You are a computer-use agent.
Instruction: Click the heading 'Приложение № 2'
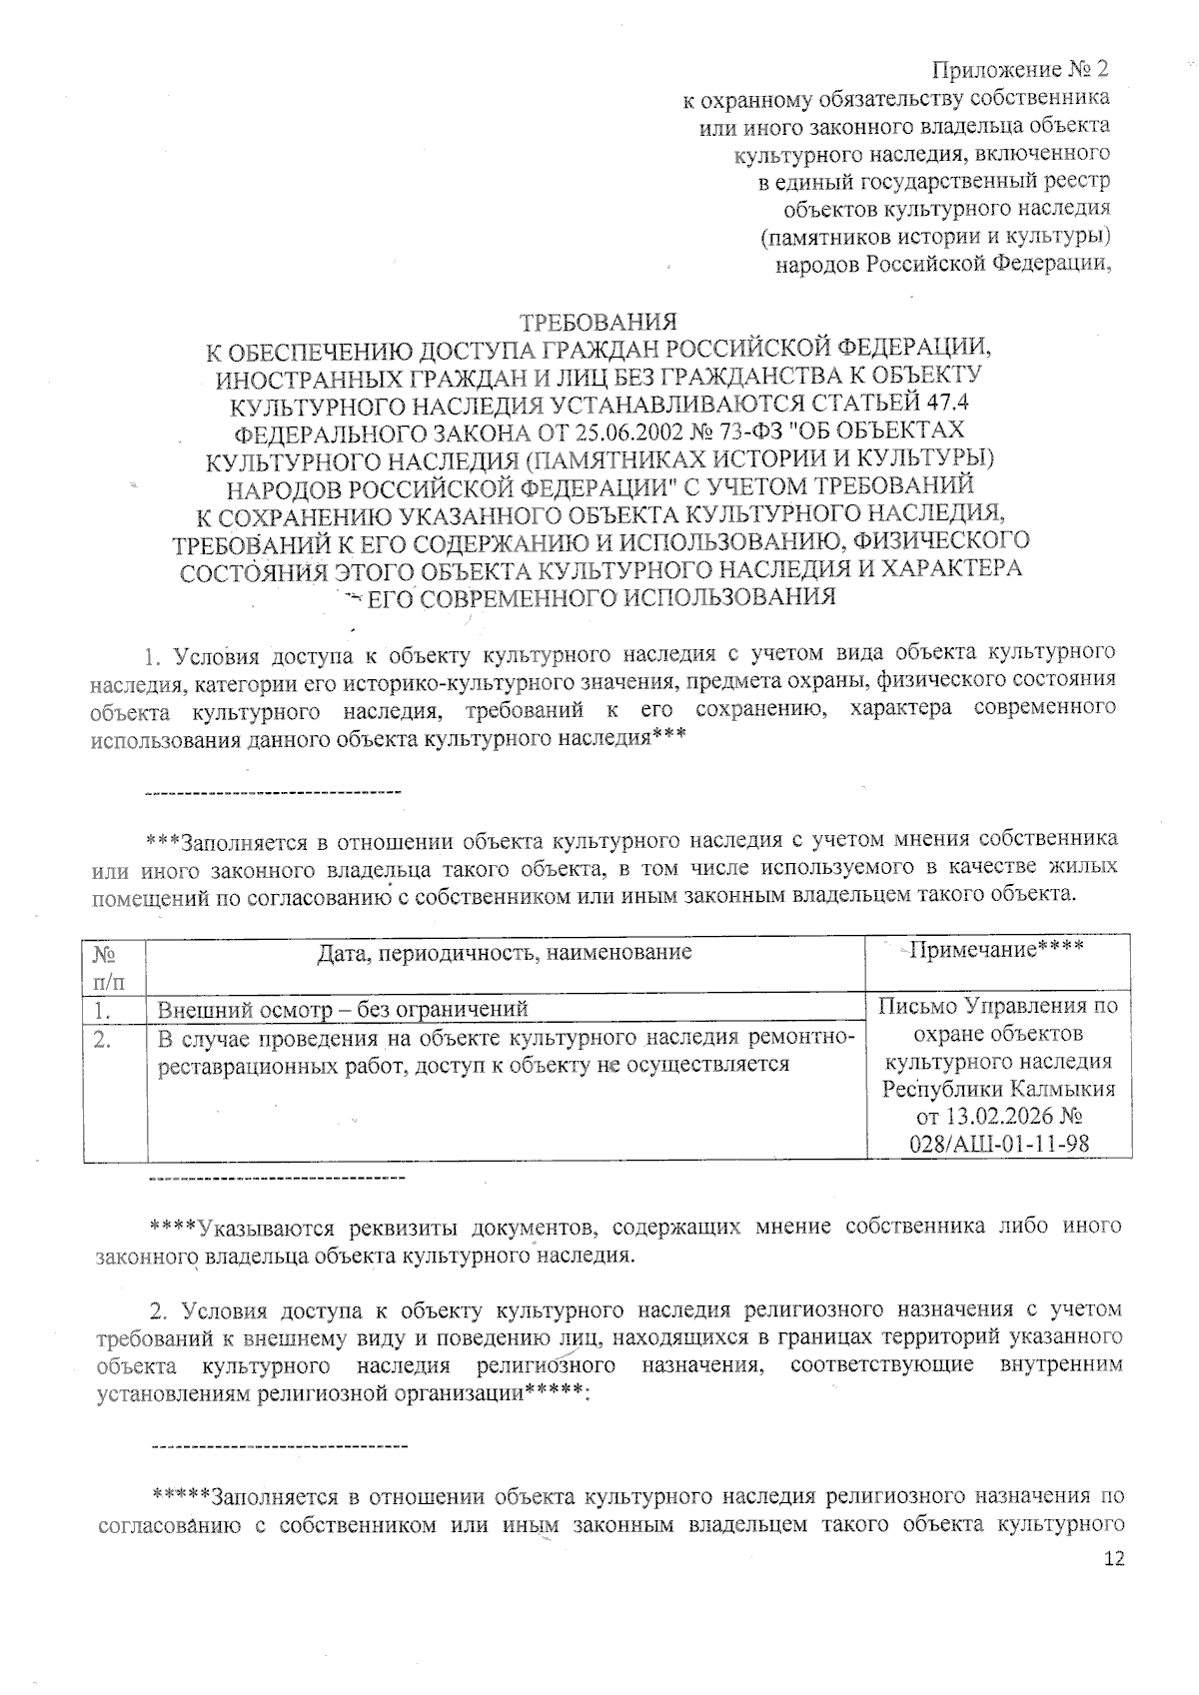pos(1020,70)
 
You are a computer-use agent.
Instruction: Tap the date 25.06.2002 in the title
pos(627,431)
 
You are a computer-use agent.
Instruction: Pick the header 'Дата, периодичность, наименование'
pos(505,952)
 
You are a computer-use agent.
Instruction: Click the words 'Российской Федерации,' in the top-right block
pos(988,265)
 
